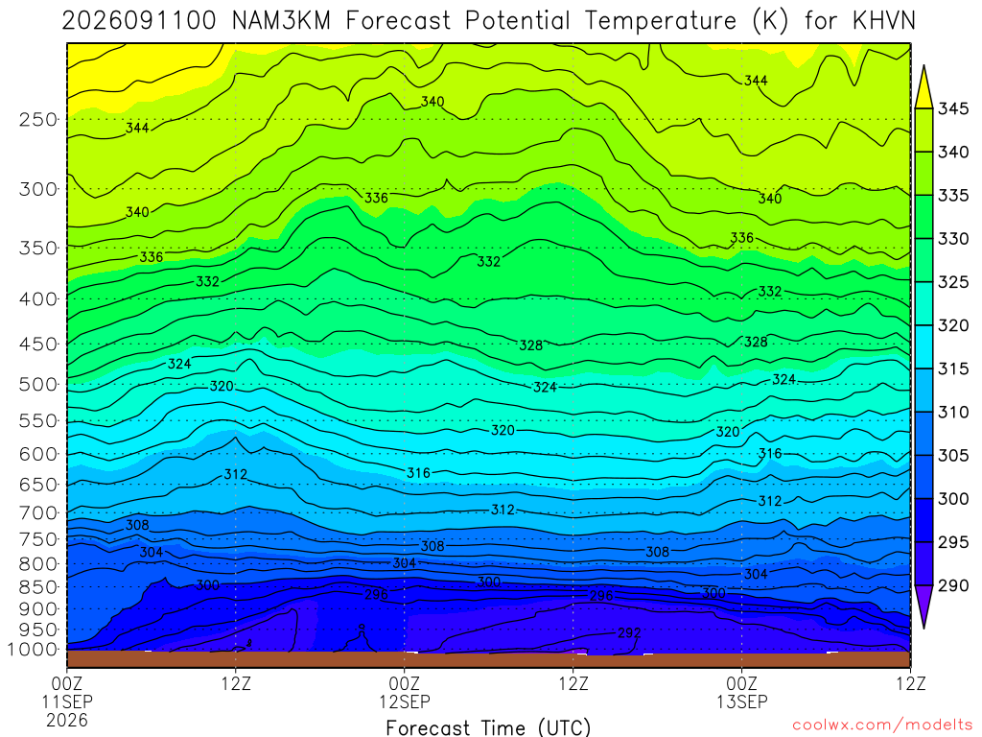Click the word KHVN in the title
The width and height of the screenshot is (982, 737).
tap(883, 21)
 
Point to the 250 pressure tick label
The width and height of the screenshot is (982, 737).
tap(38, 119)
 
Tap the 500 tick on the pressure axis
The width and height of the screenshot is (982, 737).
tap(38, 384)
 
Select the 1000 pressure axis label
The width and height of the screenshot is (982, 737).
tap(33, 650)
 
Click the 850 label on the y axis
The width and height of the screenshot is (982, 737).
tap(38, 587)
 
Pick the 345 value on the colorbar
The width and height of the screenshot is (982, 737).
tap(953, 108)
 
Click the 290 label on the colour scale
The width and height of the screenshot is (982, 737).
tap(953, 585)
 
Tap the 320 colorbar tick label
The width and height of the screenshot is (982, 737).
tap(953, 325)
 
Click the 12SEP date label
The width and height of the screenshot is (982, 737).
tap(405, 701)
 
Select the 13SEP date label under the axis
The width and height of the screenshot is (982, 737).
tap(742, 701)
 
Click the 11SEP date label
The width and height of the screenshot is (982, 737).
tap(67, 701)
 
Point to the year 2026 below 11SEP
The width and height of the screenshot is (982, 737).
tap(67, 720)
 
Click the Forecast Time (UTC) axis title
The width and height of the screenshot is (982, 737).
tap(488, 727)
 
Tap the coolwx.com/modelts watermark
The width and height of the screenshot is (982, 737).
tap(882, 725)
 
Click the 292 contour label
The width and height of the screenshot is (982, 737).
tap(629, 633)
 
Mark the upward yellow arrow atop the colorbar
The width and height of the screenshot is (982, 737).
tap(924, 86)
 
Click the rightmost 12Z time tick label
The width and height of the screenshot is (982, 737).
tap(911, 683)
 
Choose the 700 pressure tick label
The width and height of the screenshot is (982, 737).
tap(38, 513)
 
